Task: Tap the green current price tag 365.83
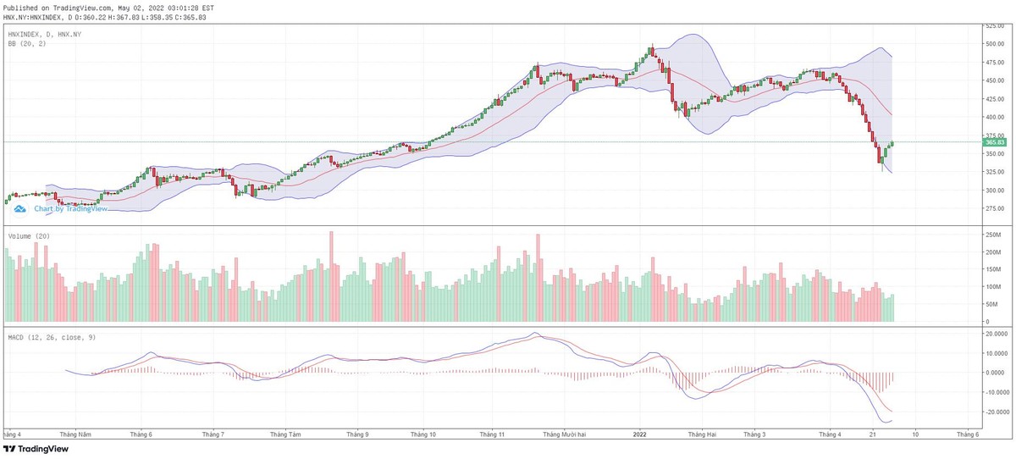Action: [x=994, y=142]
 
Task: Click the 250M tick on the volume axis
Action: [x=991, y=235]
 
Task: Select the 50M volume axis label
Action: [x=991, y=304]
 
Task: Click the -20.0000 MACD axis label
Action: [x=996, y=412]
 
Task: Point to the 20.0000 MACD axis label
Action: [x=995, y=333]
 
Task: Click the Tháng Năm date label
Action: [x=80, y=434]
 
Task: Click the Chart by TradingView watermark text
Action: [x=70, y=208]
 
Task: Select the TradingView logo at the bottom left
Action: [x=36, y=450]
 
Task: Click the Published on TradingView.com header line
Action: [x=108, y=7]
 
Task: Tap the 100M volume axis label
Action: [x=991, y=287]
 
